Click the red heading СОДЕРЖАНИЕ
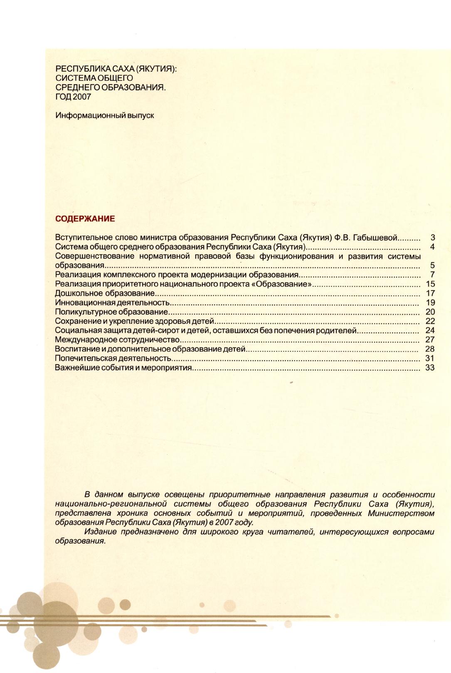pos(85,219)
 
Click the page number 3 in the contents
pos(432,238)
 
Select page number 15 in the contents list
pos(430,284)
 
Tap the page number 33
pos(430,368)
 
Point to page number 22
pos(430,321)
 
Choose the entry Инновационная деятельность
pos(113,303)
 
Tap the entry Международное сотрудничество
pos(117,340)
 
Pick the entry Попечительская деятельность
pos(113,358)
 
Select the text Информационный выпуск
pos(105,115)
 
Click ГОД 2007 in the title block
pos(73,97)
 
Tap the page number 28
pos(430,349)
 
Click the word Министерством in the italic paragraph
pos(401,514)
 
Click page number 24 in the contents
pos(430,331)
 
